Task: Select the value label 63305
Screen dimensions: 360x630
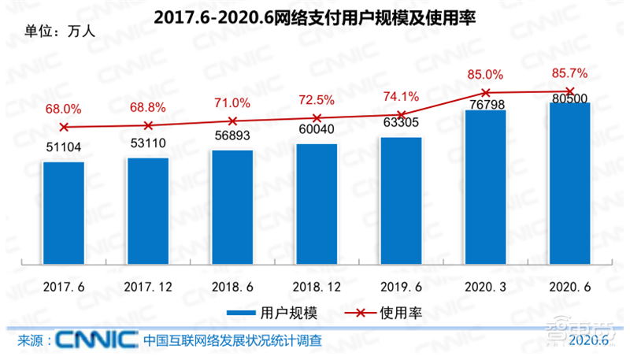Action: [x=400, y=123]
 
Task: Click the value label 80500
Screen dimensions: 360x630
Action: [x=569, y=98]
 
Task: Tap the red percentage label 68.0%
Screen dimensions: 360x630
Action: [x=63, y=109]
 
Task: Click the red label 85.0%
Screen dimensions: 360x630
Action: [x=485, y=75]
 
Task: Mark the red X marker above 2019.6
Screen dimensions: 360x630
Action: [x=401, y=114]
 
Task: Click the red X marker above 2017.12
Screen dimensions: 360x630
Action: [x=148, y=125]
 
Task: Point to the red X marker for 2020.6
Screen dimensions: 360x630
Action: [x=569, y=91]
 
